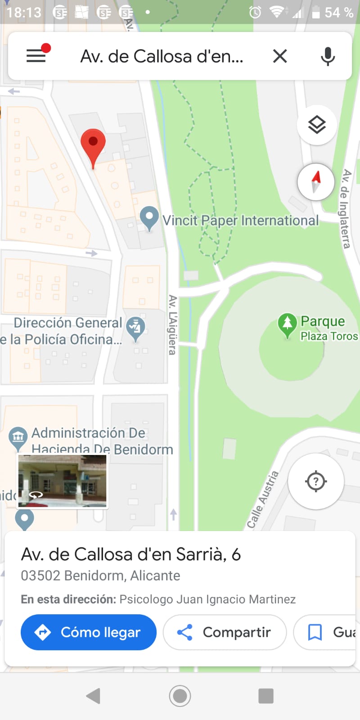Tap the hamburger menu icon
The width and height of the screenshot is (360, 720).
36,56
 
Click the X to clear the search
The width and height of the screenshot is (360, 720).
280,56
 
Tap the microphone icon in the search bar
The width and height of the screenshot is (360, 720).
328,56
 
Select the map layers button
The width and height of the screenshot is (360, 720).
317,125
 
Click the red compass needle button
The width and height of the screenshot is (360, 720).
316,182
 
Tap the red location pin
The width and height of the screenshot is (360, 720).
93,143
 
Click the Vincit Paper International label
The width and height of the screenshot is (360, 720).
240,220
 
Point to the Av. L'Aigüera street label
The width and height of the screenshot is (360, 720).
172,324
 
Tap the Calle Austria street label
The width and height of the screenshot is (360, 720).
263,499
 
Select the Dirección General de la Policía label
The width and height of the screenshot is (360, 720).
67,331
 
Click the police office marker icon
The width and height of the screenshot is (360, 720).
135,327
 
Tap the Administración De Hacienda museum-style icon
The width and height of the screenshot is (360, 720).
18,436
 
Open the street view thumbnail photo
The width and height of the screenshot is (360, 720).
62,481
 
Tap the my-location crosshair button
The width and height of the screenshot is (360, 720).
316,481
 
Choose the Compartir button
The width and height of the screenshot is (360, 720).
225,632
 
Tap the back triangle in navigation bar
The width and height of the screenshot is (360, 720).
94,696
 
